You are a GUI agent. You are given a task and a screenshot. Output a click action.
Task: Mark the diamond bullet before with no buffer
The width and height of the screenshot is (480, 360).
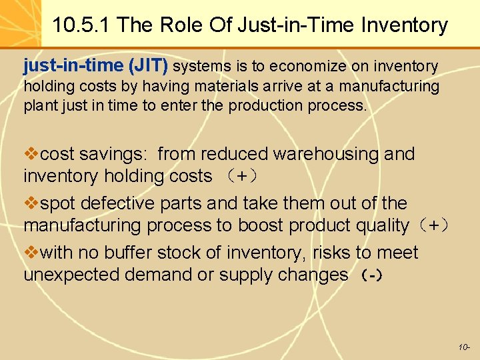coord(31,253)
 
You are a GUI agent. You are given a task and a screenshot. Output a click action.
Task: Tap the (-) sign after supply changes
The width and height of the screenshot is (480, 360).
coord(371,275)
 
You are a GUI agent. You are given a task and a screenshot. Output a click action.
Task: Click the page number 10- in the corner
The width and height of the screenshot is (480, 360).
coord(464,347)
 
